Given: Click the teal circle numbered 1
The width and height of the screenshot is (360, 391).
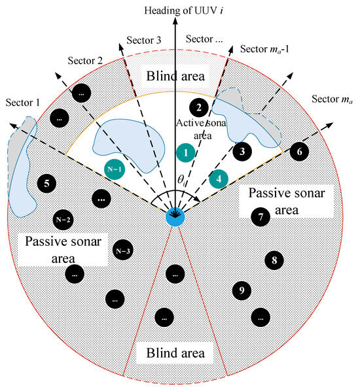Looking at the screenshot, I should [x=186, y=152].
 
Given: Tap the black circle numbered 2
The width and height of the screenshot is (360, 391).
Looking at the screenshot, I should [x=198, y=107].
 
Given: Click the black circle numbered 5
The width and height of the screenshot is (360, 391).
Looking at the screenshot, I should [x=47, y=184].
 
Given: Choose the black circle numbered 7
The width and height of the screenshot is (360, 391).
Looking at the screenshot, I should [x=261, y=216].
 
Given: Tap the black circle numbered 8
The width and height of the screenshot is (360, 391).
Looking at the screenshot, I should [x=274, y=260].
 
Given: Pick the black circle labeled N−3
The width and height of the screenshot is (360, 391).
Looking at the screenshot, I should [x=122, y=250].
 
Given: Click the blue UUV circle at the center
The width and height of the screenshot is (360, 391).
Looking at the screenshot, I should [x=175, y=216].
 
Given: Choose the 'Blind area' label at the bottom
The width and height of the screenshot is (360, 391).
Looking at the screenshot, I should [x=174, y=353].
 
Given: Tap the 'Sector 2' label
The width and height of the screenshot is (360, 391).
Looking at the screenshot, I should [x=83, y=60].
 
